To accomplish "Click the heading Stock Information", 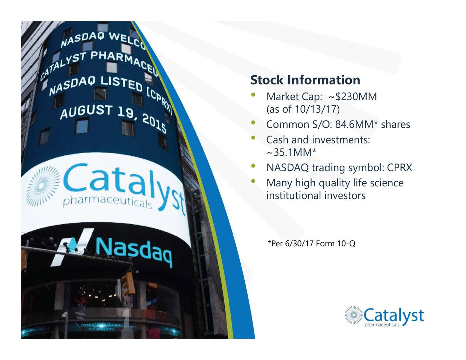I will click(305, 80).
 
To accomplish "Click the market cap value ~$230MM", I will click(352, 97).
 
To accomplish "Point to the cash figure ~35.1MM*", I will click(291, 152).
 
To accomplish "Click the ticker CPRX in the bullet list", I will click(399, 167).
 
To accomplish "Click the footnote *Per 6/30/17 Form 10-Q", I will click(311, 244).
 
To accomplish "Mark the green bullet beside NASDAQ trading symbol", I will click(253, 167).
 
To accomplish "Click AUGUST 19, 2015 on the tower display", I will click(113, 115).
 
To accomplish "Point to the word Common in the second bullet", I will click(288, 124).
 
